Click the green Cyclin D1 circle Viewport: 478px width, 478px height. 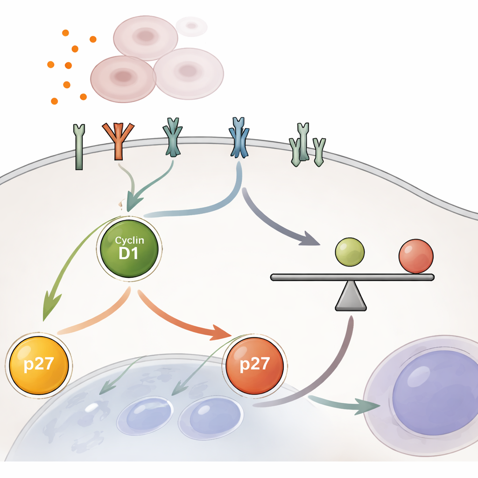[129, 247]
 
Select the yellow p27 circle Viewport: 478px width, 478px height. [39, 365]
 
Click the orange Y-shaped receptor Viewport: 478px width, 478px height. [118, 140]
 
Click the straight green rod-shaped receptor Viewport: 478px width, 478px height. [79, 147]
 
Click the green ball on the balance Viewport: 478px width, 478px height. [350, 252]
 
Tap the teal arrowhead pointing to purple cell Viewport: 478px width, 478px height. [369, 406]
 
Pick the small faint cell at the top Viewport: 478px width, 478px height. [191, 26]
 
